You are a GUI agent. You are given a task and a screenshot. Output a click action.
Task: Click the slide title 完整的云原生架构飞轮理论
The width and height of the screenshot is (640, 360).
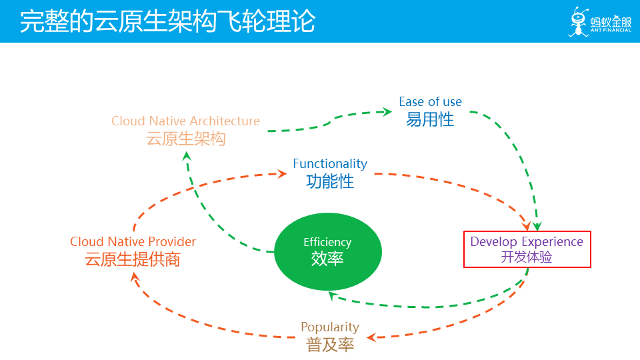coord(167,21)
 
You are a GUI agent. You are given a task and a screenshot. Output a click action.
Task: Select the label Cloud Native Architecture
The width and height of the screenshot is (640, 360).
coord(185,121)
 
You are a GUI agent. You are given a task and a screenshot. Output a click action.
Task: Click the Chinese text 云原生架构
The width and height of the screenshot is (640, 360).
coord(185,139)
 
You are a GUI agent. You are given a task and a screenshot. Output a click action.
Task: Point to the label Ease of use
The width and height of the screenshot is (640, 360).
coord(430,101)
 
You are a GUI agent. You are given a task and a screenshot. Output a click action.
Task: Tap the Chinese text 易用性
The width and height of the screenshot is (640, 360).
coord(430,119)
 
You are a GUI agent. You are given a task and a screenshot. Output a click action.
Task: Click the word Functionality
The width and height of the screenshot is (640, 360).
coord(330,163)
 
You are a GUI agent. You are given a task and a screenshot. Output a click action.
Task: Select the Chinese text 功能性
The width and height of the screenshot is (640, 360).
coord(330,181)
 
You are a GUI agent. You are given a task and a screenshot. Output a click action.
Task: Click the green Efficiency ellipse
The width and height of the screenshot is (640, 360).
coord(328,251)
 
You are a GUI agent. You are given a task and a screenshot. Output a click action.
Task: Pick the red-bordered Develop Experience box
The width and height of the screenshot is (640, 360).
coord(527,249)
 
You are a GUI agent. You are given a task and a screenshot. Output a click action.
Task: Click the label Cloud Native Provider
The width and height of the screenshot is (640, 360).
coord(133,241)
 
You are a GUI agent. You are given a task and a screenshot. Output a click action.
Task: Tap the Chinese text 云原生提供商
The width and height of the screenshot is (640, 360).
coord(133,259)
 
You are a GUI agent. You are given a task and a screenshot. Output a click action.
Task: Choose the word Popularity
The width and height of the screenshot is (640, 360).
coord(330,327)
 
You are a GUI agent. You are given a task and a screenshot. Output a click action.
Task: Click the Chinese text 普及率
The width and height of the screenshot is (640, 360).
coord(330,345)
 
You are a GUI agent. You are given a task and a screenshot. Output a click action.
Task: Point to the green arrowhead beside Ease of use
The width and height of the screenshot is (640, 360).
coord(386,111)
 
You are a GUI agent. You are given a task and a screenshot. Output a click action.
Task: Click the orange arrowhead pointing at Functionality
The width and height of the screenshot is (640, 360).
coord(282,173)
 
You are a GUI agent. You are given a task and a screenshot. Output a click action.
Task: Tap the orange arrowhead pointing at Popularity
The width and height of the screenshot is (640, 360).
coord(372,337)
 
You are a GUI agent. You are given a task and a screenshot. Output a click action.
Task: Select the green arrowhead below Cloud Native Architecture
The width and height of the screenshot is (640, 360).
coord(187,155)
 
